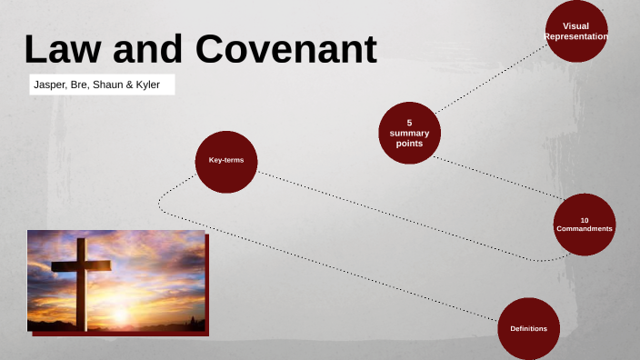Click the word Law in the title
tap(63, 49)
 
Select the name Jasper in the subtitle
tap(48, 85)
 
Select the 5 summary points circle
tap(409, 133)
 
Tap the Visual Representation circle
tap(576, 31)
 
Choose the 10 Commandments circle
tap(585, 224)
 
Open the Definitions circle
tap(527, 328)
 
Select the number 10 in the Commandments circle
tap(585, 219)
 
